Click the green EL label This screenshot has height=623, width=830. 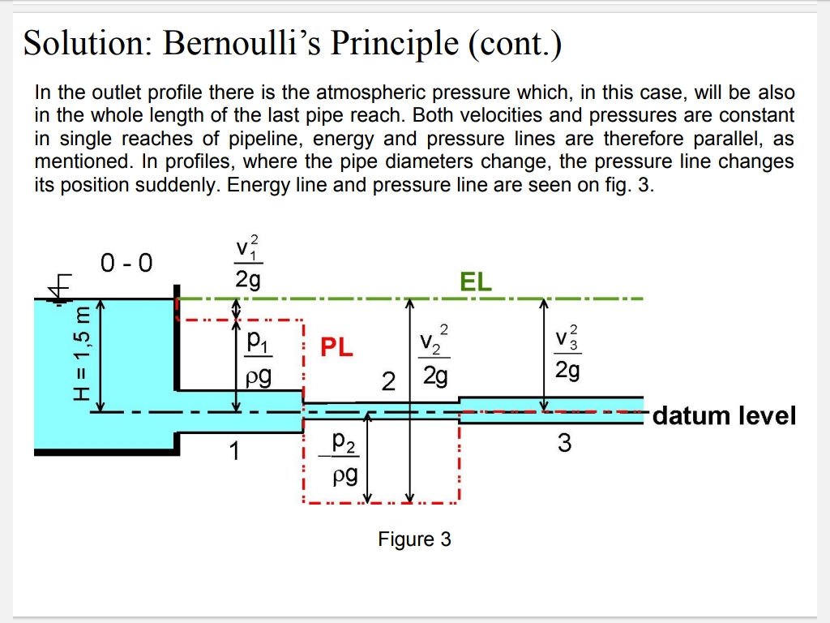476,281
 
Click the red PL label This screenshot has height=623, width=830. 336,348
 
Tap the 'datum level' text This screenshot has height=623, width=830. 724,416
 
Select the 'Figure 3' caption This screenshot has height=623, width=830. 414,539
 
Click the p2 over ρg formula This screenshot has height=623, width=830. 344,458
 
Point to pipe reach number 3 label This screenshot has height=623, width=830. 564,443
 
